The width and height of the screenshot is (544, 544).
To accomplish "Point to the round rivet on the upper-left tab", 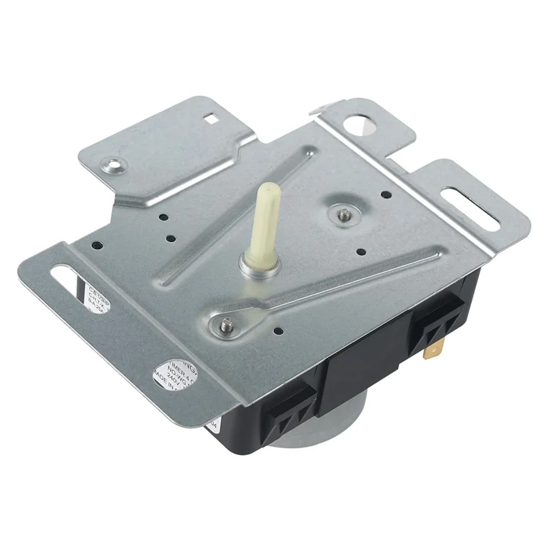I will (x=111, y=163).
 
